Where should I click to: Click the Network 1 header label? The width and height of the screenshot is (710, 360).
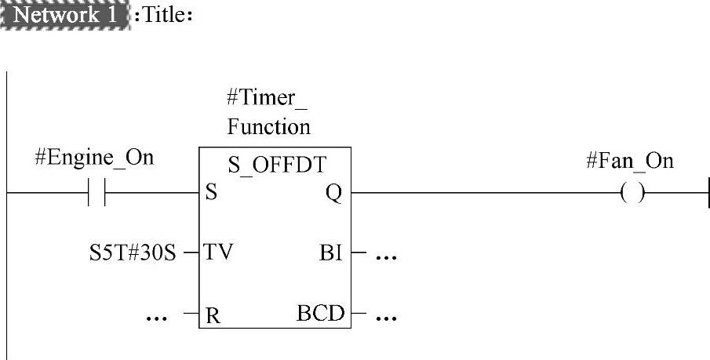point(65,16)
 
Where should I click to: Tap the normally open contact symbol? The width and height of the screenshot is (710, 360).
point(97,193)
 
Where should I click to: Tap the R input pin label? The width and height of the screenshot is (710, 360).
point(211,315)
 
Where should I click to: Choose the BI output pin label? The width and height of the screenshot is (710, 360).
point(331,253)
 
